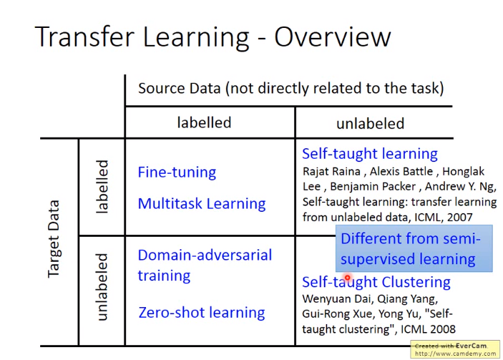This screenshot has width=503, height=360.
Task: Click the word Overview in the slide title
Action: coord(333,37)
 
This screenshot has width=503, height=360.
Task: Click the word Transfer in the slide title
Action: coord(84,37)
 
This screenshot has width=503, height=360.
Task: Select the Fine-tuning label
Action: coord(177,172)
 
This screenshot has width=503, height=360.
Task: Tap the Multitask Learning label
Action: coord(202,203)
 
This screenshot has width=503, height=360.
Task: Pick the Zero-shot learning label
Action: coord(202,312)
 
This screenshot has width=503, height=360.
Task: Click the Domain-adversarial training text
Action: coord(205,266)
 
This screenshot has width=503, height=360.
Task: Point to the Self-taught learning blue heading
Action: coord(370,154)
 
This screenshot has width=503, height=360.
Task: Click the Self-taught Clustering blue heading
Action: coord(376,282)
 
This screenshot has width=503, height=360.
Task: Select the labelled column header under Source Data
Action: coord(204,122)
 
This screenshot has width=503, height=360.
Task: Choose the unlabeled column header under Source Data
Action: coord(370,123)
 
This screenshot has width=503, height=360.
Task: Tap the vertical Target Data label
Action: coord(53,239)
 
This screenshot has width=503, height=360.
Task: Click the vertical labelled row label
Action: coord(102,187)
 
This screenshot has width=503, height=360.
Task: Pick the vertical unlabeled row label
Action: coord(102,287)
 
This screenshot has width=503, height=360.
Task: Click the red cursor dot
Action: coord(348,277)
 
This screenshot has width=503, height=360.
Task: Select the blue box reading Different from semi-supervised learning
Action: coord(414,248)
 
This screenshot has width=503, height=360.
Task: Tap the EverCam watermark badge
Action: coord(455,349)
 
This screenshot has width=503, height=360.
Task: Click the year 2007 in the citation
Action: coord(459,218)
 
